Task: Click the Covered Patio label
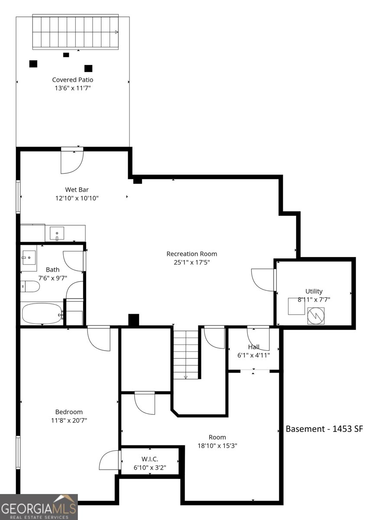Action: (73, 80)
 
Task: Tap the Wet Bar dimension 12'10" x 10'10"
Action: (77, 198)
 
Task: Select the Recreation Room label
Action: (192, 254)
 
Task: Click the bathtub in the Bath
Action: (42, 314)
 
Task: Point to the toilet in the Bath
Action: (30, 287)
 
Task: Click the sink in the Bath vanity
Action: (29, 257)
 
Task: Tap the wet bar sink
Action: (57, 233)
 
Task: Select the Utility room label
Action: (314, 291)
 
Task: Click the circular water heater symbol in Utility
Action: (316, 316)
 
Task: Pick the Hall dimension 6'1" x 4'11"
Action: (254, 355)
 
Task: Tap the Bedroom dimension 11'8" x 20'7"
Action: (69, 420)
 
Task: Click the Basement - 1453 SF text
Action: (324, 429)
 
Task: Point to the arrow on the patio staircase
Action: (117, 32)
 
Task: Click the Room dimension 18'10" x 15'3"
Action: (217, 446)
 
